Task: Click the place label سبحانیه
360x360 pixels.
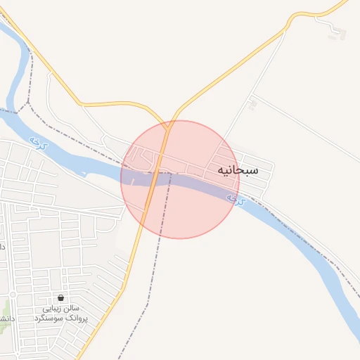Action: coord(238,170)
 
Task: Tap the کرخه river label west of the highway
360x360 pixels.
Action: coord(35,143)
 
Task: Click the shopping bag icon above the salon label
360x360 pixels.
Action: coord(61,297)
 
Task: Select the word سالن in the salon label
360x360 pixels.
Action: coord(72,309)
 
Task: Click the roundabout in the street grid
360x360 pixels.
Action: coord(12,294)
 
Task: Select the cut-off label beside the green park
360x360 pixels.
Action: coord(4,318)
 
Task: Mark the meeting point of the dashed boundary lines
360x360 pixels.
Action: coord(28,104)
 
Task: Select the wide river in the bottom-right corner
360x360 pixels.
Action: coord(337,295)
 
